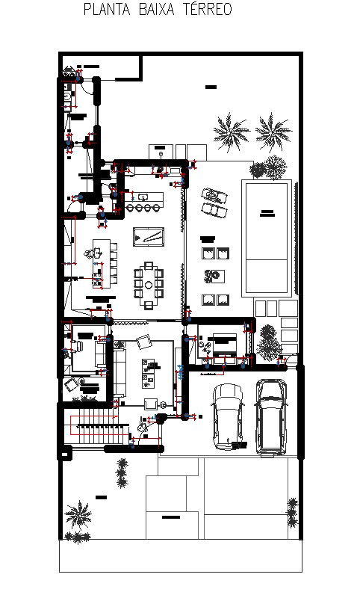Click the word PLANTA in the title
click(103, 10)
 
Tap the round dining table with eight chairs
click(148, 284)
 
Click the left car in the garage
click(227, 416)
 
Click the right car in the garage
click(270, 416)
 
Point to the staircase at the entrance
click(94, 431)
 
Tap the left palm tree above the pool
click(231, 132)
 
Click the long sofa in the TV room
click(119, 371)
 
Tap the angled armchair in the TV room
click(142, 342)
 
